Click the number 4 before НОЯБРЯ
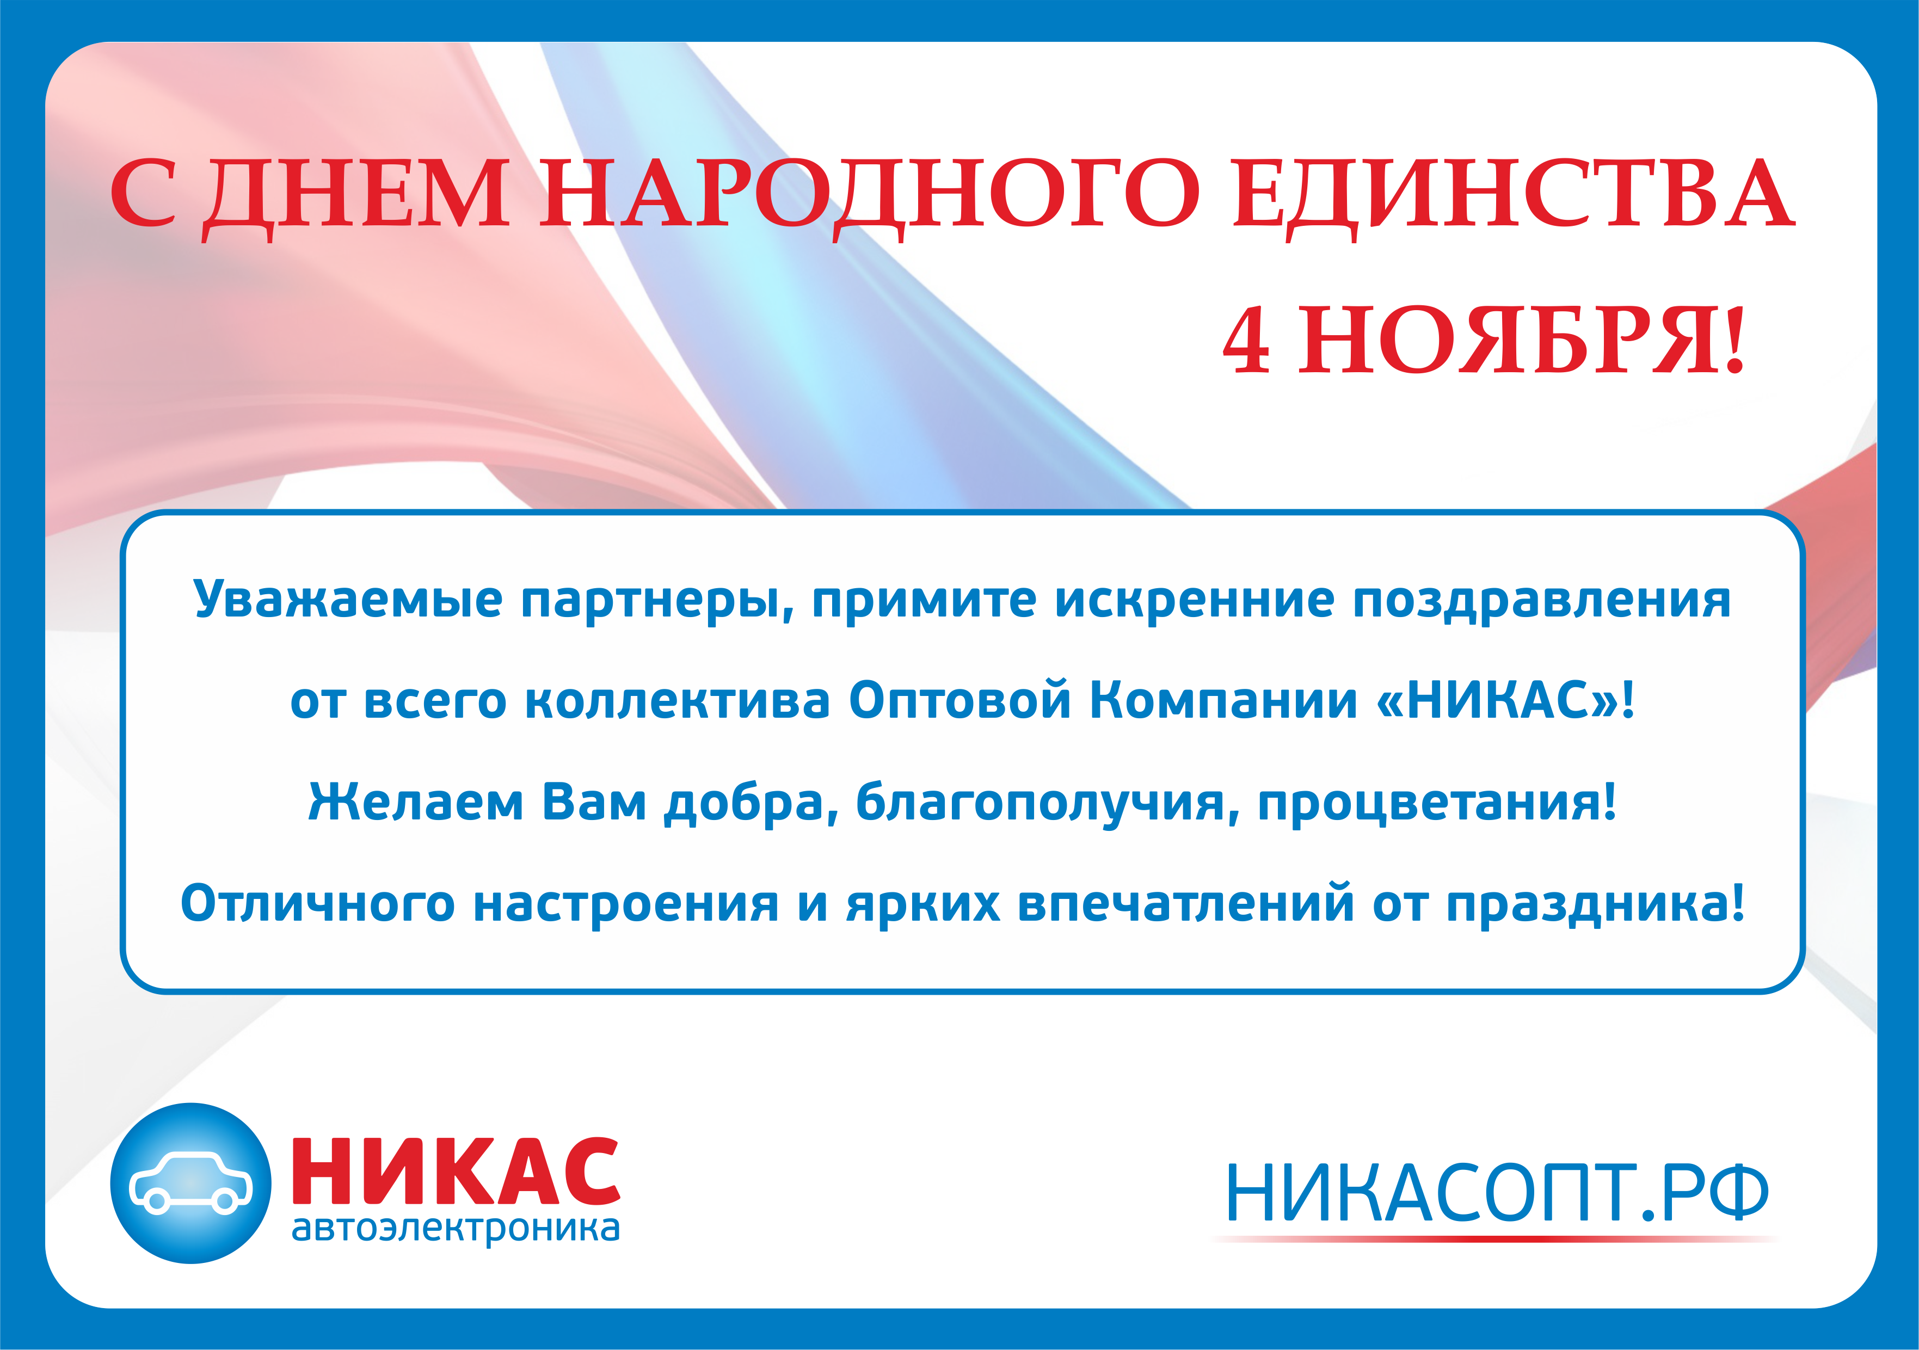tap(1246, 340)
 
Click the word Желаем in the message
tap(416, 802)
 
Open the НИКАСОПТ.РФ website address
tap(1496, 1193)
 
